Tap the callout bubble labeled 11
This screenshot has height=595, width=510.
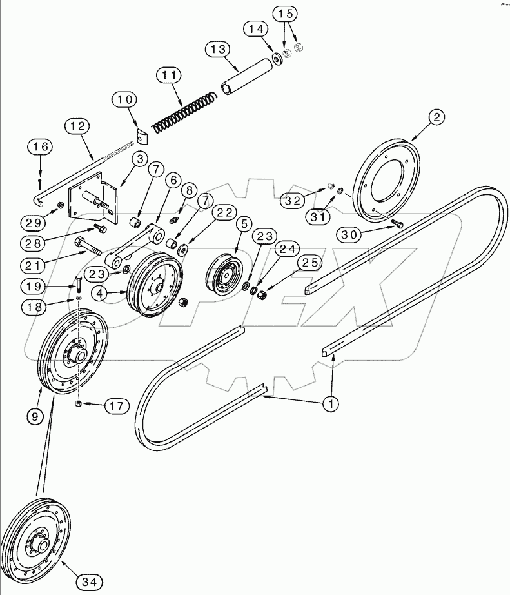point(169,76)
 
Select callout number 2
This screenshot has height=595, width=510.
point(438,117)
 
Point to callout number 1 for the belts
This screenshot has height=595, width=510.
point(331,405)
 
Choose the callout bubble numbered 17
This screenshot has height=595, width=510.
point(116,406)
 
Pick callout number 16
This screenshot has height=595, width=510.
point(40,148)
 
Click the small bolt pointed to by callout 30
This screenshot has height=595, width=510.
point(396,224)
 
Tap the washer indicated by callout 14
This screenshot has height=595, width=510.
point(278,58)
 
